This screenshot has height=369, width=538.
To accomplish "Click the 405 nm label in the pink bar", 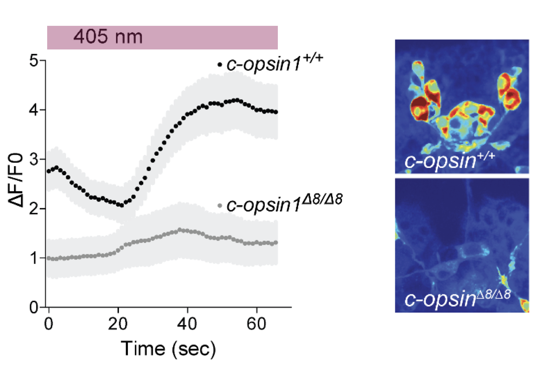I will pos(108,37).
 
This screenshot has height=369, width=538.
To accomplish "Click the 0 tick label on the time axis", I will pos(49,324).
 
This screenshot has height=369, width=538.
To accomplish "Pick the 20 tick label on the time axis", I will pos(118,324).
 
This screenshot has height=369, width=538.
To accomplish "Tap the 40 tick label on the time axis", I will pos(187,324).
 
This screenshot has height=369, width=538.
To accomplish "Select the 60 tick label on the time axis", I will pos(256,324).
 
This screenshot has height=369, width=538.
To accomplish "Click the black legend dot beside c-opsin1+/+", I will pos(220,65).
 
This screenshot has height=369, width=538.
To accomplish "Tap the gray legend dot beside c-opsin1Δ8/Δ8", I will pos(220,205).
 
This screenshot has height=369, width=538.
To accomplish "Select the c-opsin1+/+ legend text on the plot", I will pos(275,64).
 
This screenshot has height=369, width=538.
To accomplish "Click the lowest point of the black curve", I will pos(122,205).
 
